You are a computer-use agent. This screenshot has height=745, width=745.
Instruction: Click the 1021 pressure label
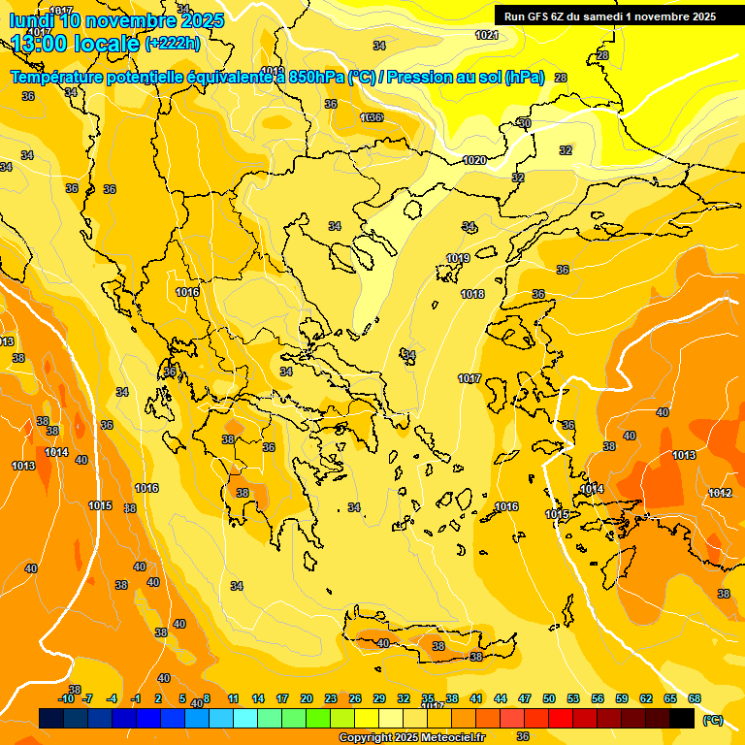click(x=487, y=35)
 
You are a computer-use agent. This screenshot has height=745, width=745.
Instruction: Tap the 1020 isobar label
click(x=474, y=160)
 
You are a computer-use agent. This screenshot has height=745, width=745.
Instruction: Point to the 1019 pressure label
click(x=458, y=258)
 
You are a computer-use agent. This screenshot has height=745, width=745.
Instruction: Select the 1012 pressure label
click(x=720, y=493)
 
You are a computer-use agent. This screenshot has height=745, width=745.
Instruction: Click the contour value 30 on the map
click(x=525, y=123)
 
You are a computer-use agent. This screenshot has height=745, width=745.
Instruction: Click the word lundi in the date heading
click(x=32, y=20)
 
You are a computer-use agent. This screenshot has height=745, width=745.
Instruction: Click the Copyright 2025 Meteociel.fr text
click(x=411, y=738)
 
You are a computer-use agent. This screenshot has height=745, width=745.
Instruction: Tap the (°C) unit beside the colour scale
click(x=713, y=720)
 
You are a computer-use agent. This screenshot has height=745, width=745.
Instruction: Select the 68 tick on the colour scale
click(x=695, y=698)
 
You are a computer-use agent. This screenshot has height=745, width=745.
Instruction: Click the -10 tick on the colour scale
click(x=66, y=698)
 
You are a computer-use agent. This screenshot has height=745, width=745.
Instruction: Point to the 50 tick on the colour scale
click(x=549, y=698)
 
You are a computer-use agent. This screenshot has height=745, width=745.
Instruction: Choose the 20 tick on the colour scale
click(x=307, y=698)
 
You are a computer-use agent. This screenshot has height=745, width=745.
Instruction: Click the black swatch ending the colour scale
click(x=682, y=718)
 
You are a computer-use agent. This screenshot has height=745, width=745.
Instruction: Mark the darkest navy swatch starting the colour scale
click(x=51, y=718)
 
